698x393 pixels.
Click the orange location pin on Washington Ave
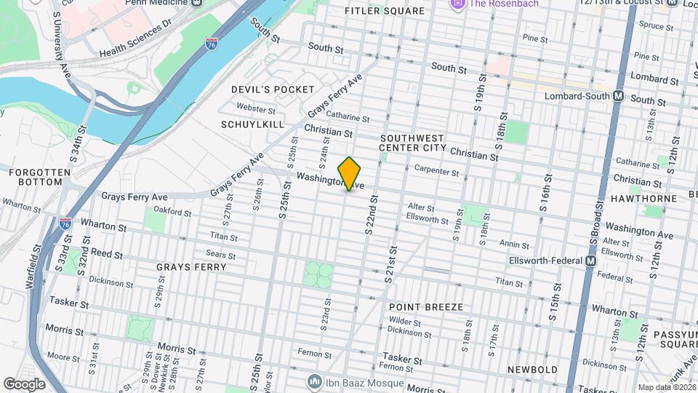coord(350,173)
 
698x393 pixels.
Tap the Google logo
coord(23,384)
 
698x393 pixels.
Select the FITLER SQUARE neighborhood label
coord(384,12)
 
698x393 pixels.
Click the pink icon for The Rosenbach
coord(457,4)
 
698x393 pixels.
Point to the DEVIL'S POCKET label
coord(262,89)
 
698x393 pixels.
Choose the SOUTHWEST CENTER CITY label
coord(412,143)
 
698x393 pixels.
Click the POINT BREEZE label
coord(425,307)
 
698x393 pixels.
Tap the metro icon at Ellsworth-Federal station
coord(590,261)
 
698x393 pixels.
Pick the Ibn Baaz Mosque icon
coord(314,381)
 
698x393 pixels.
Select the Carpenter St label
coord(436,172)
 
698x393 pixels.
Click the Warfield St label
coord(31,269)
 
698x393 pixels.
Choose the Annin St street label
coord(514,244)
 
